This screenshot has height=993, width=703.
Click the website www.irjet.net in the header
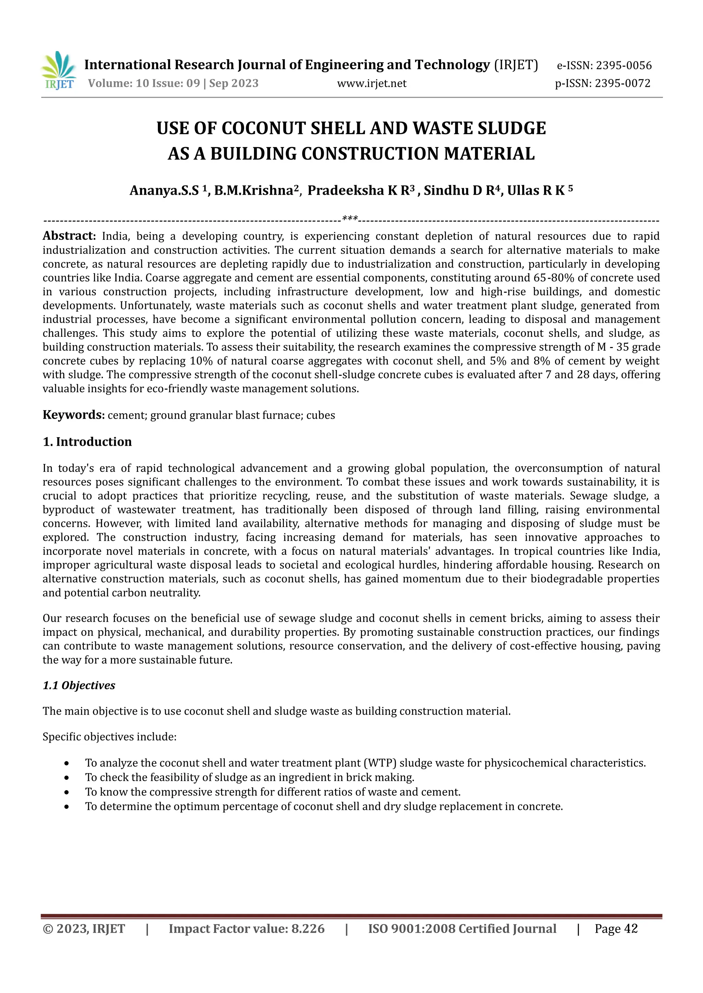(x=371, y=83)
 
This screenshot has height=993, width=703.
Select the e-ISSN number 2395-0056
(x=623, y=66)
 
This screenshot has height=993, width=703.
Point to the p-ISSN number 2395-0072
(x=622, y=83)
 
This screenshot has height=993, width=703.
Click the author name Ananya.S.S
(x=164, y=191)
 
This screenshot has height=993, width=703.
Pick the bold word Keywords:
(x=73, y=415)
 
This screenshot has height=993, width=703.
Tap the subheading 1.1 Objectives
(x=79, y=685)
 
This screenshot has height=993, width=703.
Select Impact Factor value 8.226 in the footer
(x=246, y=929)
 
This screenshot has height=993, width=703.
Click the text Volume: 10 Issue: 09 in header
(x=144, y=83)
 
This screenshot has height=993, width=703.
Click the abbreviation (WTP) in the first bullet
(x=380, y=763)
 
